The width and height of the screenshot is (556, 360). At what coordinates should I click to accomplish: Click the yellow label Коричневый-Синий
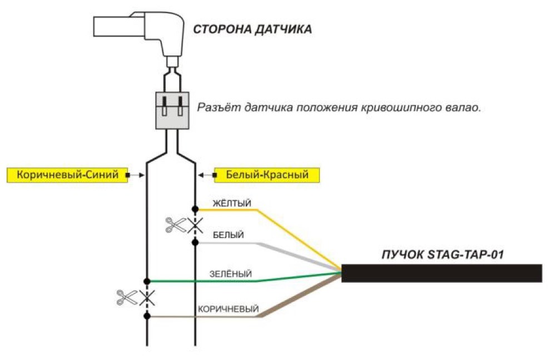pyautogui.click(x=67, y=175)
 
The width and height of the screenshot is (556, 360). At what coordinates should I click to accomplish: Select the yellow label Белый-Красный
pyautogui.click(x=267, y=175)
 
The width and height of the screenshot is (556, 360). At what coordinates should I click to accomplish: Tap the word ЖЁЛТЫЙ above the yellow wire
pyautogui.click(x=232, y=203)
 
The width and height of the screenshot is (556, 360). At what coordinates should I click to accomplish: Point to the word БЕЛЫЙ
pyautogui.click(x=229, y=235)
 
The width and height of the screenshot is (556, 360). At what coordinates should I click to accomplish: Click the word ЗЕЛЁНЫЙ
pyautogui.click(x=231, y=274)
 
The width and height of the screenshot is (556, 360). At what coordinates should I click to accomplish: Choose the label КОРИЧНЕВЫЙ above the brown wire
pyautogui.click(x=229, y=309)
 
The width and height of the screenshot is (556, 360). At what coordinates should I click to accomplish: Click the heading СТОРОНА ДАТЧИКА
pyautogui.click(x=252, y=29)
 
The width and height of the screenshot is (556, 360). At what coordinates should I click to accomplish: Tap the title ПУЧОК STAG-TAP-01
pyautogui.click(x=443, y=255)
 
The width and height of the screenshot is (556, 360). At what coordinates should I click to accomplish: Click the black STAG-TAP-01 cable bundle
pyautogui.click(x=441, y=273)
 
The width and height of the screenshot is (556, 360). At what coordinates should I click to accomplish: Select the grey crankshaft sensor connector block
pyautogui.click(x=172, y=111)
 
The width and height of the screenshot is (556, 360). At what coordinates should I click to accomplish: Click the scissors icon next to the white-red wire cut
pyautogui.click(x=176, y=225)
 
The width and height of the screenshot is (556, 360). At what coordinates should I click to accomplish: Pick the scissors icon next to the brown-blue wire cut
pyautogui.click(x=127, y=298)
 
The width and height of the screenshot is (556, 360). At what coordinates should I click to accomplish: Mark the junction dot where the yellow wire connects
pyautogui.click(x=195, y=209)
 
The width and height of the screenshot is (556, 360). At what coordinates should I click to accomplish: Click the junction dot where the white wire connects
pyautogui.click(x=195, y=242)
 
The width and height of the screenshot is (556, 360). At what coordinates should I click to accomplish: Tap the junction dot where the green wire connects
pyautogui.click(x=147, y=281)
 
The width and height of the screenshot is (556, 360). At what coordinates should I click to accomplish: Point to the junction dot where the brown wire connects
pyautogui.click(x=147, y=316)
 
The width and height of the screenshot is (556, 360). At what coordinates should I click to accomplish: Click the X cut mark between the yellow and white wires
pyautogui.click(x=195, y=226)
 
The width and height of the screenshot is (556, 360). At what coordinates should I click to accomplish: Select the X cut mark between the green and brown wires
pyautogui.click(x=147, y=298)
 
